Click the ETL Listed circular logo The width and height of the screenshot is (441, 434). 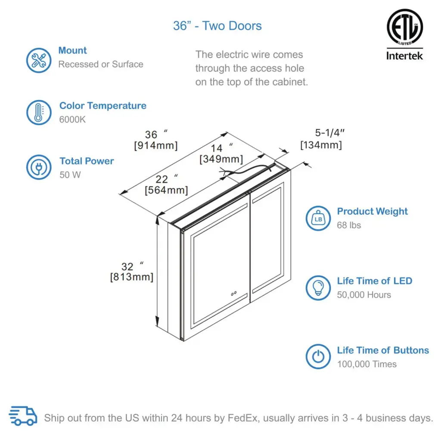coord(404,27)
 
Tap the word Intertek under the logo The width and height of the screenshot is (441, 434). coord(404,56)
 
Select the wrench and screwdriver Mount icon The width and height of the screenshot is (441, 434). coord(39,60)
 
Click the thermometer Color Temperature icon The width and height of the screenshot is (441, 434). coord(39,113)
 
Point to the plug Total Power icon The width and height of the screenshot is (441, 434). coord(39,168)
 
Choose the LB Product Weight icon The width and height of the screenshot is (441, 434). coord(318,219)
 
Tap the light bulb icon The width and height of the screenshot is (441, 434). coord(318,288)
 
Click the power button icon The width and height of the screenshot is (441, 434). coord(318,357)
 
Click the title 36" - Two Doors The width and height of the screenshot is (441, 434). coord(217,26)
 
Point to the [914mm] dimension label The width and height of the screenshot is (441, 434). coord(155,146)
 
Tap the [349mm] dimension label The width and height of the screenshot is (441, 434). coord(221,159)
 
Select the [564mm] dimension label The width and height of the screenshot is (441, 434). coord(166,190)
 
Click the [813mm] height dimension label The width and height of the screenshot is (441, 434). coord(131,277)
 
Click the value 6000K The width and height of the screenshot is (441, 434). coord(72,120)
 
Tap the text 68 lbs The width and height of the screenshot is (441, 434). coord(349,225)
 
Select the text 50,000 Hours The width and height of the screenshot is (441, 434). coord(364,295)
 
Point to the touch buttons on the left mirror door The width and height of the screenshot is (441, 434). coord(234,293)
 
